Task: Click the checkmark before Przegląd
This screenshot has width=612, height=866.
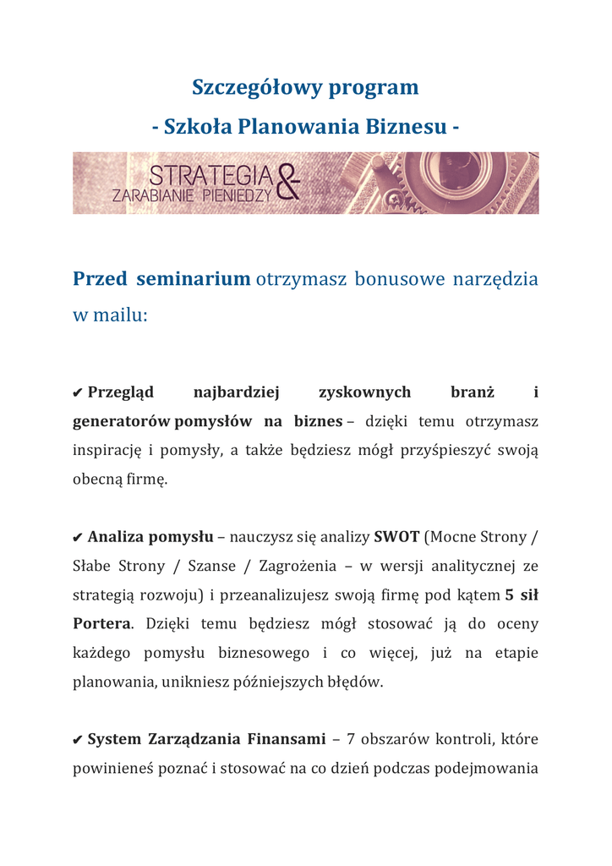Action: point(78,392)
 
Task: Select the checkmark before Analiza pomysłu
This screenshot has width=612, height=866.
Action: point(78,537)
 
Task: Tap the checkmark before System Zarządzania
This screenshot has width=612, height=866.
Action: point(78,740)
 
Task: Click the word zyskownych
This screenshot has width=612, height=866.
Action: point(364,392)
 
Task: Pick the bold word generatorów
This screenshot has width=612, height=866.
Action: point(122,421)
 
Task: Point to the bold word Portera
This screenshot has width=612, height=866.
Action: point(102,623)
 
